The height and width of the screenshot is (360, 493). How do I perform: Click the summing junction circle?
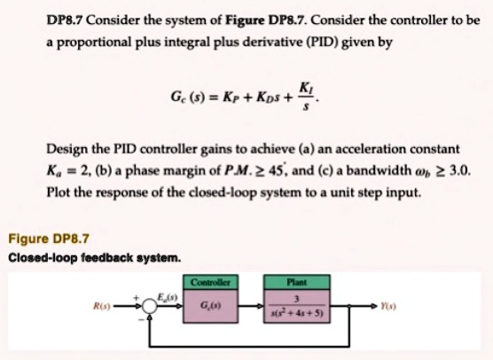click(x=150, y=306)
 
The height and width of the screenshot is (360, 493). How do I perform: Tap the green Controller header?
click(x=210, y=282)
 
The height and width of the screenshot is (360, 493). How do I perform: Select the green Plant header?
click(x=297, y=282)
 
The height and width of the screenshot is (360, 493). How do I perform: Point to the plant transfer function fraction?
click(x=297, y=306)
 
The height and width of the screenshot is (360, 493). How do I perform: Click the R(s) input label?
click(x=102, y=306)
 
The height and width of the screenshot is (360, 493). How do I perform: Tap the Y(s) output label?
click(x=388, y=306)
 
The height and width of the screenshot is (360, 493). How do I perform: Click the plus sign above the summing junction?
click(x=137, y=297)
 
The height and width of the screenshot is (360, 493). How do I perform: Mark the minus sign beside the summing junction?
click(x=141, y=319)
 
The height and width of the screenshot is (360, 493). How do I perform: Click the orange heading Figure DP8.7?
click(x=49, y=239)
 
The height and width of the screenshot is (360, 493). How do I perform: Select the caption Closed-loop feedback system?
click(x=95, y=258)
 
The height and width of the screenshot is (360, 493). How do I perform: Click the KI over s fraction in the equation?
click(x=306, y=96)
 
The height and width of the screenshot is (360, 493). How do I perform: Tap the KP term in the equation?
click(x=231, y=97)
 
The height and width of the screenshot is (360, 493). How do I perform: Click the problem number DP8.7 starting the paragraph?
click(x=65, y=20)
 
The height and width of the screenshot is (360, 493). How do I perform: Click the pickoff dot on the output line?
click(x=349, y=306)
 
